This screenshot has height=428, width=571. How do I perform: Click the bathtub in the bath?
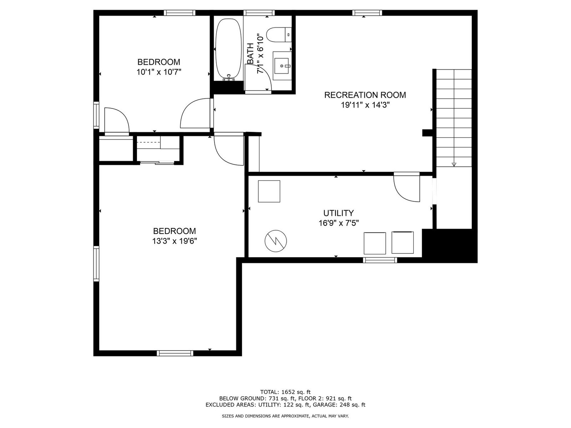[228, 49]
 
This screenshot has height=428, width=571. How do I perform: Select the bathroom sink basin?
[281, 66]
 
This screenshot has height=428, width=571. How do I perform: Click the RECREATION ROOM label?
[365, 95]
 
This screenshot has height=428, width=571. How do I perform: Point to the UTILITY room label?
[338, 213]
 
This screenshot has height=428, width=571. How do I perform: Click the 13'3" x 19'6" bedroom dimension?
[175, 241]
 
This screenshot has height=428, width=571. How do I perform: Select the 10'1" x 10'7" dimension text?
[159, 72]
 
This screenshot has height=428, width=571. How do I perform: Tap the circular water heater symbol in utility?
[276, 241]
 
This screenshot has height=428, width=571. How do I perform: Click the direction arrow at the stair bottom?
[454, 164]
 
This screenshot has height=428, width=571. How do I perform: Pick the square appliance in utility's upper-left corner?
[269, 191]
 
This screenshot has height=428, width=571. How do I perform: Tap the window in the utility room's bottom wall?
[380, 260]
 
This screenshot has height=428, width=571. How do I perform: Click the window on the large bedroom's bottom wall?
[175, 353]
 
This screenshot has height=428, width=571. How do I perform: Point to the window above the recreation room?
[367, 13]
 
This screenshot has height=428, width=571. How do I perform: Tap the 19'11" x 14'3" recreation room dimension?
[365, 105]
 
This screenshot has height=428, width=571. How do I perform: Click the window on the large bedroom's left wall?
[96, 264]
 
